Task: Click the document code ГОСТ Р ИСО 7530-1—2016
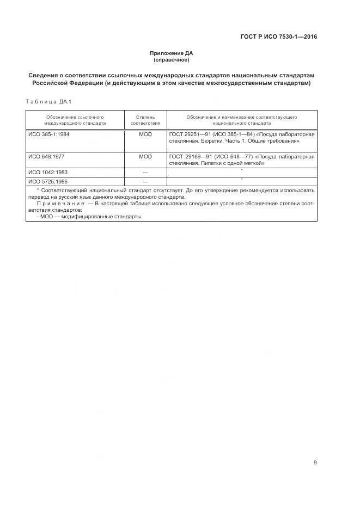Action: click(x=279, y=37)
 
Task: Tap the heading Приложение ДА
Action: click(x=172, y=53)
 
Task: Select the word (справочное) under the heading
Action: click(x=172, y=59)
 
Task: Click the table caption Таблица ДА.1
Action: click(x=48, y=101)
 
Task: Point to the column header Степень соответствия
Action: click(x=145, y=120)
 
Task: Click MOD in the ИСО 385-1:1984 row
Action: click(x=145, y=134)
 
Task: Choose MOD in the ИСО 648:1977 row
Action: click(x=145, y=156)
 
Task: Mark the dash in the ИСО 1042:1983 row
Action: click(x=145, y=172)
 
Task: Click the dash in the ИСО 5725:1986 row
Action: click(x=145, y=181)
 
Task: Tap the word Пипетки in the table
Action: click(x=216, y=163)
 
